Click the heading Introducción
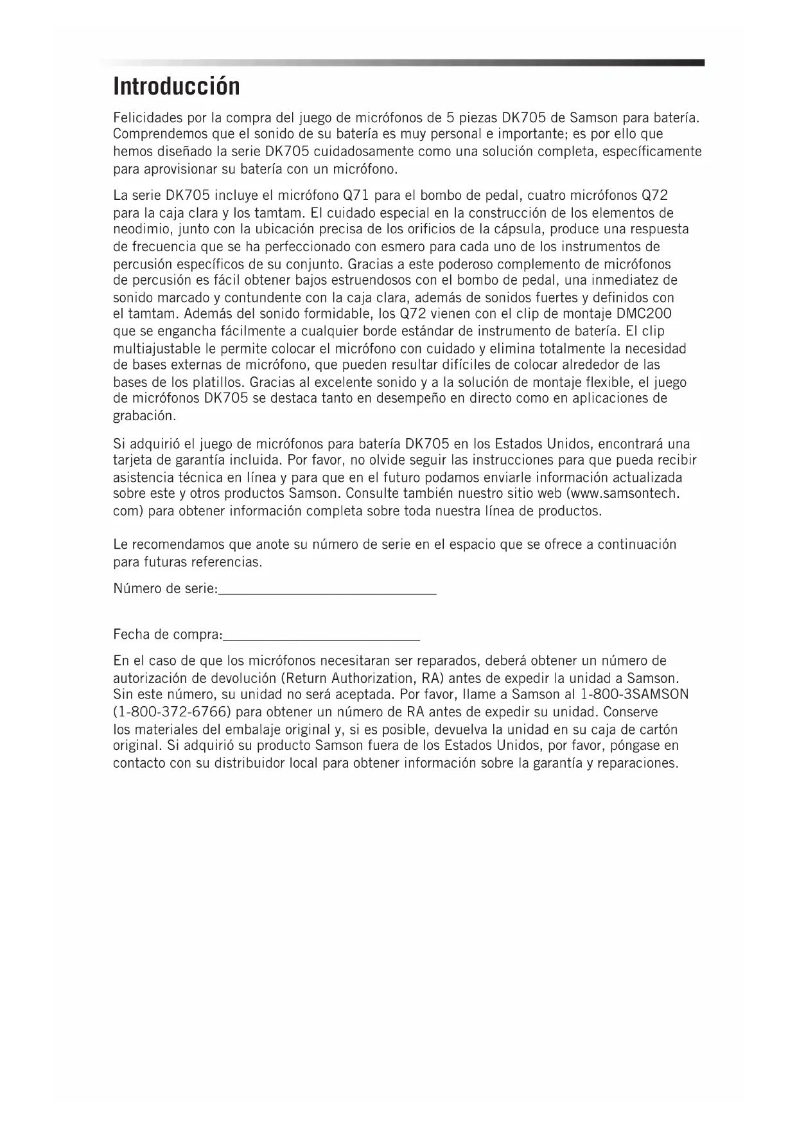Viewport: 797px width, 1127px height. pyautogui.click(x=177, y=86)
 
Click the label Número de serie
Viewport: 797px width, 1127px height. pyautogui.click(x=165, y=589)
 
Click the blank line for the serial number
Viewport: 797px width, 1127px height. pyautogui.click(x=328, y=594)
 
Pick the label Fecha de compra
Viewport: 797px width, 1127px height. pyautogui.click(x=167, y=635)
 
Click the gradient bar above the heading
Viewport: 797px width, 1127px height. pyautogui.click(x=403, y=62)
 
